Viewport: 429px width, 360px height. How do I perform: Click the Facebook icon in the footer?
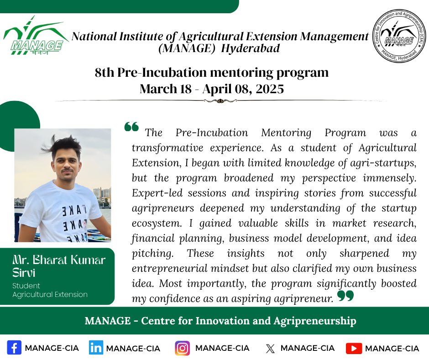(x=14, y=348)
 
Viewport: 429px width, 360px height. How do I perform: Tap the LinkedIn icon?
(x=96, y=348)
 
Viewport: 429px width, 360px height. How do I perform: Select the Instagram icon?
(x=182, y=348)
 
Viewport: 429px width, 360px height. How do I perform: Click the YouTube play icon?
(x=354, y=348)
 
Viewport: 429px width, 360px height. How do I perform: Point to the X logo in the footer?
(x=270, y=349)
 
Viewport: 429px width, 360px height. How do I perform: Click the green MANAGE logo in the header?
(x=36, y=35)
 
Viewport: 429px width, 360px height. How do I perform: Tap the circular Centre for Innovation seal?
(x=399, y=36)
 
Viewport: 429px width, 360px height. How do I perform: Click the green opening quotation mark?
(x=131, y=127)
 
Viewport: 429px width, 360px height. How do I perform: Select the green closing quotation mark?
(x=345, y=296)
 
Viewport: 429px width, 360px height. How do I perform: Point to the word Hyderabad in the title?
(x=251, y=48)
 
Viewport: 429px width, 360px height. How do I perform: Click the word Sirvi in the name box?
(x=24, y=273)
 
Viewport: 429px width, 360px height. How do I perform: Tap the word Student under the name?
(x=26, y=286)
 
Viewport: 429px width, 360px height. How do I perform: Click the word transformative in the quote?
(x=167, y=148)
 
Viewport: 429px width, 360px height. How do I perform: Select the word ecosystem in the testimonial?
(x=157, y=223)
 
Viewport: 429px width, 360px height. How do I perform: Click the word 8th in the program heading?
(x=105, y=73)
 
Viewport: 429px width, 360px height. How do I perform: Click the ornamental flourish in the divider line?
(x=220, y=101)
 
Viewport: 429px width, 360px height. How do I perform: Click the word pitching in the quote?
(x=153, y=254)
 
